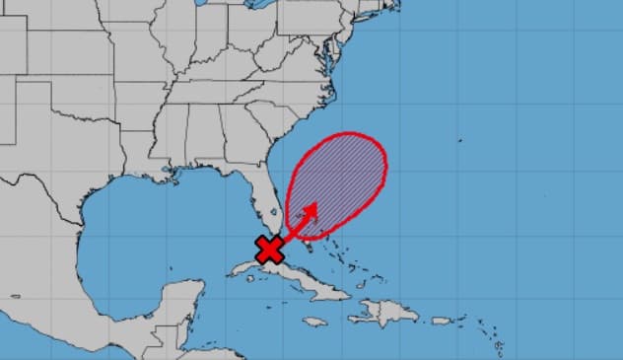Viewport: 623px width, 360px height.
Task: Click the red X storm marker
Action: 268,250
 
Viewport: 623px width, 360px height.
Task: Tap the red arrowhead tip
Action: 315,205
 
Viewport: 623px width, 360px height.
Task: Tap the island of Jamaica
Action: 314,322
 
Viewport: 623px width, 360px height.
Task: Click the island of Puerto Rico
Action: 441,321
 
